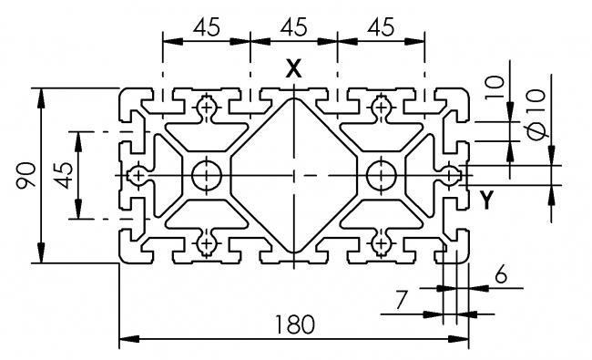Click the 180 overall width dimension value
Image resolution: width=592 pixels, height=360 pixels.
tap(293, 324)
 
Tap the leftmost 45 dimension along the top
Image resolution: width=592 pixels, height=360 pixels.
tap(206, 26)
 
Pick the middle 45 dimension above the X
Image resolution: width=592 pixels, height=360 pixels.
tap(293, 26)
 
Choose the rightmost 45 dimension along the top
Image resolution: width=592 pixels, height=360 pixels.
tap(381, 26)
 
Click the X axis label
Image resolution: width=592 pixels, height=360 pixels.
tap(293, 67)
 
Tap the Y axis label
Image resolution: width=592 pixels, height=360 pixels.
tap(487, 201)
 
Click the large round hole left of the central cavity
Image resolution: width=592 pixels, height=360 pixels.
tap(207, 173)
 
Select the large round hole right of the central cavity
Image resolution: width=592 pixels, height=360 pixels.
tap(380, 173)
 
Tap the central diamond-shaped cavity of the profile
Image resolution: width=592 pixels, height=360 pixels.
tap(293, 174)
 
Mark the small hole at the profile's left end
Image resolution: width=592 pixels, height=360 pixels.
tap(137, 174)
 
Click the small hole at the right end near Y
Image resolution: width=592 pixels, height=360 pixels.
tap(450, 174)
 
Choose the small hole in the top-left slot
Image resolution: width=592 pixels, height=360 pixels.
tap(207, 109)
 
